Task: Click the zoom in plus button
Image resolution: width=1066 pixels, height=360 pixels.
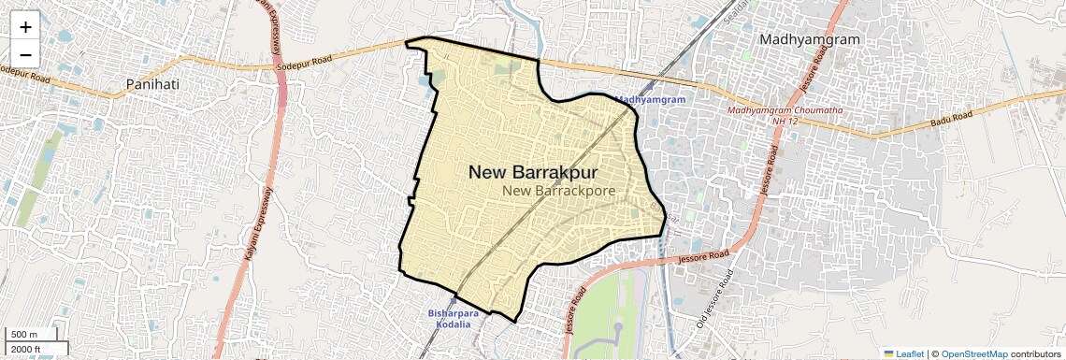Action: (x=25, y=26)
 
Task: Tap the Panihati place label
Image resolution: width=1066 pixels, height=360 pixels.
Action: (x=152, y=85)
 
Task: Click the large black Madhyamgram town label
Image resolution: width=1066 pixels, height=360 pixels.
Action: (x=810, y=39)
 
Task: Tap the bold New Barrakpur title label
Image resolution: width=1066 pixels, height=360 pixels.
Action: (x=533, y=172)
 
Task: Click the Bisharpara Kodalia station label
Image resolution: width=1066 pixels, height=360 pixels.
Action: (x=454, y=319)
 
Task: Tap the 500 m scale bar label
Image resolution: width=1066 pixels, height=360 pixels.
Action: (x=24, y=335)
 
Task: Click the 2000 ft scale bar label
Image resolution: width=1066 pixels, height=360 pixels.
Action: (x=26, y=350)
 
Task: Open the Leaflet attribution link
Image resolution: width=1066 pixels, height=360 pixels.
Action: (x=910, y=353)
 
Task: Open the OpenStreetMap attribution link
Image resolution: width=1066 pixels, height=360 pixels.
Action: (x=973, y=353)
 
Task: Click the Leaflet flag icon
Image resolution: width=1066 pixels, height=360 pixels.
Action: (x=889, y=353)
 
